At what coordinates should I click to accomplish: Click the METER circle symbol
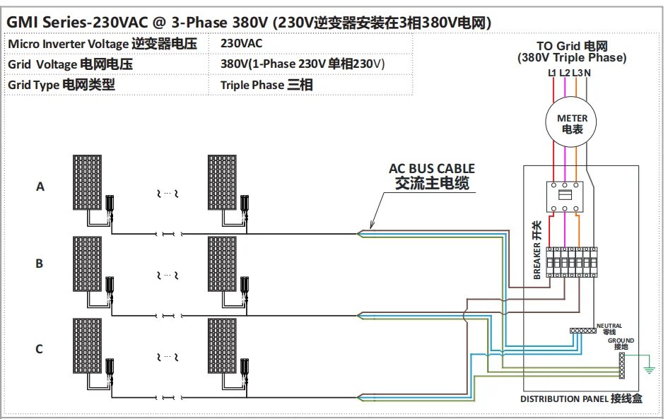(x=572, y=124)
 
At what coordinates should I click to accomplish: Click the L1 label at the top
(x=552, y=73)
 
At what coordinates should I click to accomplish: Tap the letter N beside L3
(x=588, y=73)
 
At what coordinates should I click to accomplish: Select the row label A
(x=40, y=187)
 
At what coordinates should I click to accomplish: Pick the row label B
(x=40, y=264)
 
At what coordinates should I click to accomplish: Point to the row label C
(x=40, y=348)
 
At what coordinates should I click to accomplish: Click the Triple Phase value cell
(x=266, y=85)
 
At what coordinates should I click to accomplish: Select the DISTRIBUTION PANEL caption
(x=581, y=399)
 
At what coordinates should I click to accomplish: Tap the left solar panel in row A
(x=88, y=180)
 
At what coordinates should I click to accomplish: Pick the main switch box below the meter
(x=567, y=198)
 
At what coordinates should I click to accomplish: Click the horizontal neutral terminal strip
(x=583, y=331)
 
